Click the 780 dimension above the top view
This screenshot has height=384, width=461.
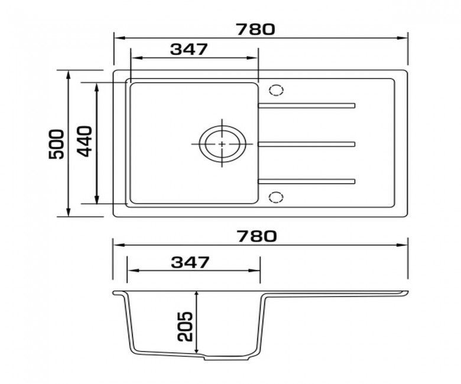pos(255,30)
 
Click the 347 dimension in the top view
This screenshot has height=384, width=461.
pos(189,50)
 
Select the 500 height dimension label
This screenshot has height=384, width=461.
pos(56,144)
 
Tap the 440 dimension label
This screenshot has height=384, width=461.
pos(85,141)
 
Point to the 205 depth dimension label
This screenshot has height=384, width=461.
pos(185,326)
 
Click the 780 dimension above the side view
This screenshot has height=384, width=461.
pos(257,236)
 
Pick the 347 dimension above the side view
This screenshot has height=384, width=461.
pos(190,262)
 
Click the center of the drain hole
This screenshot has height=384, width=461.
pos(222,144)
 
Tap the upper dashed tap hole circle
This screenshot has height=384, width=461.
pos(276,90)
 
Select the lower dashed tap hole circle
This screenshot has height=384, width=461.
pos(276,197)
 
